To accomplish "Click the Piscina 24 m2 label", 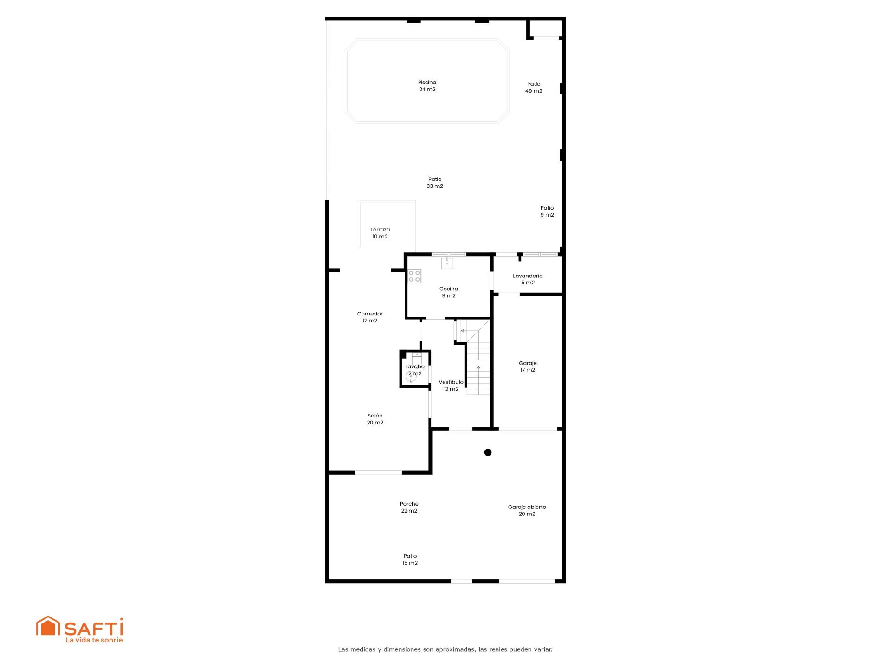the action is coord(427,86).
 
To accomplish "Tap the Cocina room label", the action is coord(448,292).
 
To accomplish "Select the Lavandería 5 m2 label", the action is coord(528,279).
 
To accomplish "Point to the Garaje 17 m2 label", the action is coord(528,366).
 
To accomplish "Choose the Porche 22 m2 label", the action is coord(409,507).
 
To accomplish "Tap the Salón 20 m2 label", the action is coord(375,419).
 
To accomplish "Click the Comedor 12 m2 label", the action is coord(370,317).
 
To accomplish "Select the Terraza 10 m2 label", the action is coord(380,233).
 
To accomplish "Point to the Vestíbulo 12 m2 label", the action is coord(451,385).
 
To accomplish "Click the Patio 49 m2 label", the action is coord(534,88).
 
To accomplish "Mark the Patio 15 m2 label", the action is coord(410,559).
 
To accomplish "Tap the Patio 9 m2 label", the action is coord(547,212).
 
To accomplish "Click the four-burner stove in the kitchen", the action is coord(414,276).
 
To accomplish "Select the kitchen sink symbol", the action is coord(447,263).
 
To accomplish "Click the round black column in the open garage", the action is coord(488,452).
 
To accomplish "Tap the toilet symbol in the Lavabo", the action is coord(411,377).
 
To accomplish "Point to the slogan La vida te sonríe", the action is coord(94,640).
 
